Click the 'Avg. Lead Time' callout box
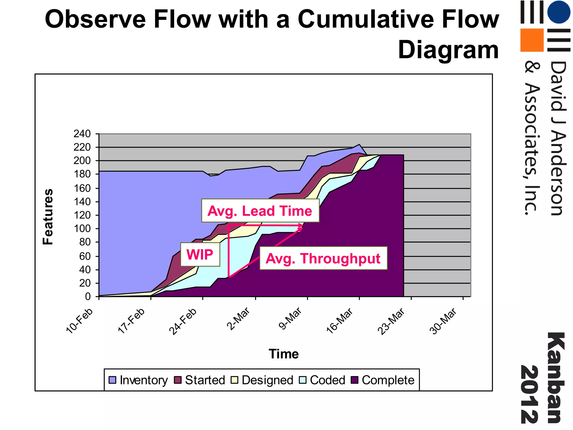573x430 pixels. pos(260,211)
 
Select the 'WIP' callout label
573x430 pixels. pos(200,254)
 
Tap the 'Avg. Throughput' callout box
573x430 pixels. pos(323,258)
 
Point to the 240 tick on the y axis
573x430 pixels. pos(82,134)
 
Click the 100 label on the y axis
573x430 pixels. pos(82,228)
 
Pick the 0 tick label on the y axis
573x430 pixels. pos(88,296)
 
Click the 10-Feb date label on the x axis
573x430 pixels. pos(79,321)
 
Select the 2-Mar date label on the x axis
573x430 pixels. pos(238,319)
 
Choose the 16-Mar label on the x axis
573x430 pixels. pos(339,321)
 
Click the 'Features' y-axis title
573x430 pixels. pos(48,217)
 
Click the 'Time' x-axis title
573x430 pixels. pos(283,354)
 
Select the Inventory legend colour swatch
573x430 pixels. pos(112,380)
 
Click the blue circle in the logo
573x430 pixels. pos(558,12)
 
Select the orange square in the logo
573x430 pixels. pos(532,40)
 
